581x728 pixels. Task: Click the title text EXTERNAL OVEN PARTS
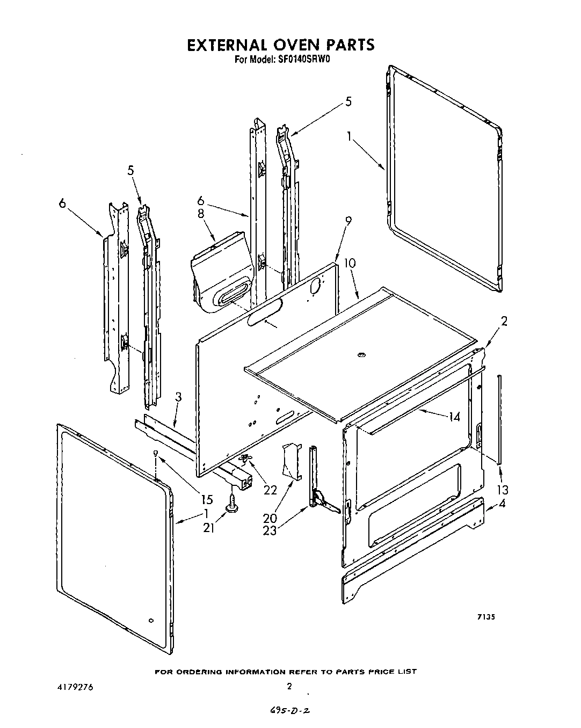[x=280, y=45]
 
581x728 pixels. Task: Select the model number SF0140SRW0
[x=304, y=60]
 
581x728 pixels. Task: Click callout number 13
[x=503, y=490]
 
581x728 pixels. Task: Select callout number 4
[x=502, y=504]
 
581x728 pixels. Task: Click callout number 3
[x=178, y=398]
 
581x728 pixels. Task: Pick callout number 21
[x=209, y=528]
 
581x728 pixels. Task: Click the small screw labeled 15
[x=156, y=454]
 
